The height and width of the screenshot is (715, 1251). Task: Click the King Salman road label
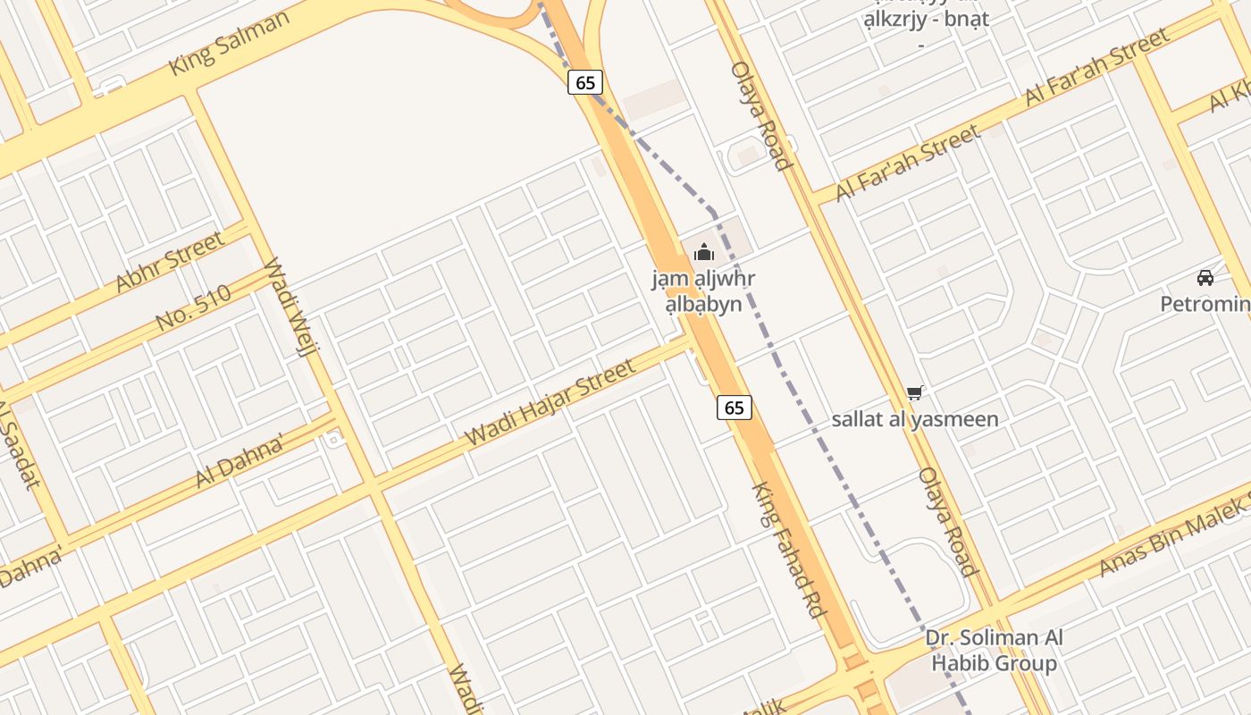230,44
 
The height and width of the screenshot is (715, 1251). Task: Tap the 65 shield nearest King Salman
585,83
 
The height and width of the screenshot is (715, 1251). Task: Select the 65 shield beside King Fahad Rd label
734,408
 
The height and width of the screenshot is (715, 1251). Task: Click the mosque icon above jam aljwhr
704,253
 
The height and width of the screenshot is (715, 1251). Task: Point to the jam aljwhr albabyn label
703,291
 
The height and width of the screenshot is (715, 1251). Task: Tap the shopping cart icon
914,392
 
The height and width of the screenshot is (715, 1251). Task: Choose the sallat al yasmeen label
915,419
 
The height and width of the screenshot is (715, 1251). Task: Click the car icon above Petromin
1205,278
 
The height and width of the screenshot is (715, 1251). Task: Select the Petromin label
1205,304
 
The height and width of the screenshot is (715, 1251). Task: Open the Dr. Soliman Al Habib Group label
994,650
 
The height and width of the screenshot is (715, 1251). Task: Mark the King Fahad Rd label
787,551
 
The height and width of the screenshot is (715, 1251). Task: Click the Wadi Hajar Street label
551,403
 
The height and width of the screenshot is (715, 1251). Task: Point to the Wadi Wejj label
289,307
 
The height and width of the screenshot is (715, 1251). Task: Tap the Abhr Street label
170,262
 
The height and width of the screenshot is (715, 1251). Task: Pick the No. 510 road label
193,307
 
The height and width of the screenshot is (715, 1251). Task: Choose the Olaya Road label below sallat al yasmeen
947,521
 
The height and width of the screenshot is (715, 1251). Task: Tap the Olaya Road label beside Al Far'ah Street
760,115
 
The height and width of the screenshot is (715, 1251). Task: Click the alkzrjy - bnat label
926,20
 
